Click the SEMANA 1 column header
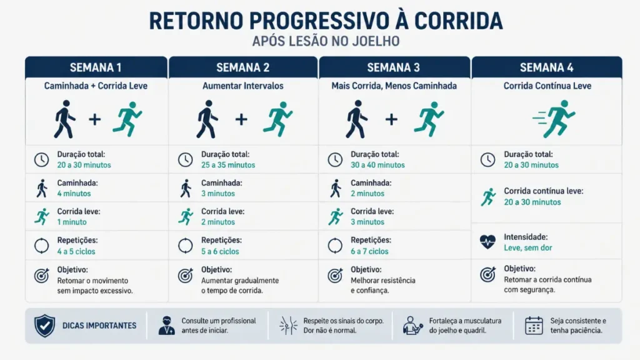96,67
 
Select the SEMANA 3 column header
394,67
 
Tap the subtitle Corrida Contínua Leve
547,86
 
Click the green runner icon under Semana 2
277,119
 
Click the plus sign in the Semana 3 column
391,119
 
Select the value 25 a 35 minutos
228,165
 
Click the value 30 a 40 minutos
377,165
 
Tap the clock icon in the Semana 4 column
487,159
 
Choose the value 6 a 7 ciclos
369,251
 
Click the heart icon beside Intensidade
487,242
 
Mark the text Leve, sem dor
528,248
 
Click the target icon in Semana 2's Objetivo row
186,275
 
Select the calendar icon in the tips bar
534,325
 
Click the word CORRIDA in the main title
457,20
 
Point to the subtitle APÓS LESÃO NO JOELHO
326,41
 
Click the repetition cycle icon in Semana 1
41,246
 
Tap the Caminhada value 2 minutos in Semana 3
367,194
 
